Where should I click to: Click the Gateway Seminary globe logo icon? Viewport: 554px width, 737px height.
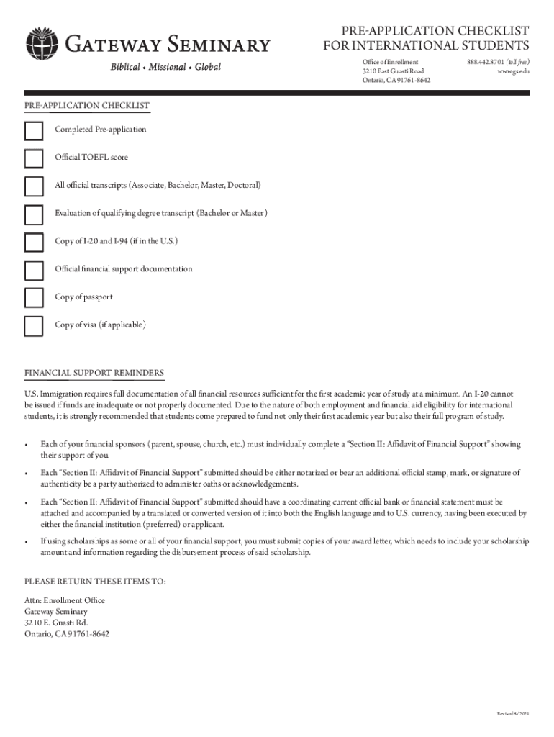click(42, 45)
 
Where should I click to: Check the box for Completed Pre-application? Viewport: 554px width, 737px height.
click(34, 130)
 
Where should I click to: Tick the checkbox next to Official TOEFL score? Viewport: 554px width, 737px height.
click(34, 158)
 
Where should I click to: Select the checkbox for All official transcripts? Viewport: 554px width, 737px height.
click(34, 186)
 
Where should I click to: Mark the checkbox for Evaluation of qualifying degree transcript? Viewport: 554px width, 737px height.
click(34, 214)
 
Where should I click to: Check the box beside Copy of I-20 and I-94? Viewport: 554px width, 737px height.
click(34, 242)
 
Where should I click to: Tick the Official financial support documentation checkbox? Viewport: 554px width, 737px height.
click(34, 270)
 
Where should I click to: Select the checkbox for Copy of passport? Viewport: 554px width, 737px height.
click(34, 298)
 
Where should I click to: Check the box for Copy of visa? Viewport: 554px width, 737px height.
click(34, 326)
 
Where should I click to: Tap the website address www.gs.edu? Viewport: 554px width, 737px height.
click(514, 71)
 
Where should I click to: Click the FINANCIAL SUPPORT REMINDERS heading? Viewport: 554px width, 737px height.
click(94, 373)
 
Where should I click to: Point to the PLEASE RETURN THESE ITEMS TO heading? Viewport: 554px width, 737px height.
click(95, 581)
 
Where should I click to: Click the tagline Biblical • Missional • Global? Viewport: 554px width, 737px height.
click(165, 67)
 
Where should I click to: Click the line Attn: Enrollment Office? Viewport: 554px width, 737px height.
click(65, 600)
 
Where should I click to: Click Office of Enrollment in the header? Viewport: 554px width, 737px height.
click(390, 63)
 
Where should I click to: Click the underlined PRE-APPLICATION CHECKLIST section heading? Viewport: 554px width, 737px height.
click(87, 106)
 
